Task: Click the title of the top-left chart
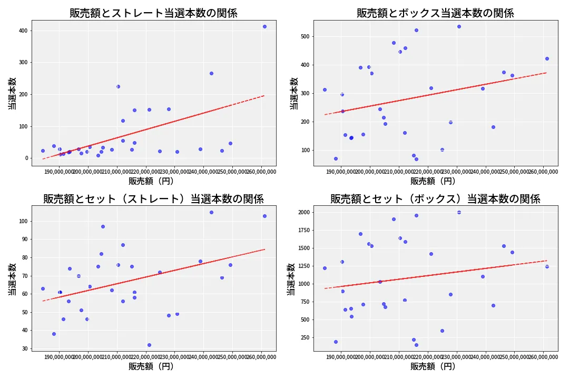[153, 13]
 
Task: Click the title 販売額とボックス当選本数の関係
[435, 13]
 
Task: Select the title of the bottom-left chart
[153, 199]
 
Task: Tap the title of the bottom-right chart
[435, 199]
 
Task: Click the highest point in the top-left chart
[264, 26]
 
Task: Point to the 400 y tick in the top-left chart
[23, 31]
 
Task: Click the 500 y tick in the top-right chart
[305, 36]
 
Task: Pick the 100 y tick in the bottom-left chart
[23, 221]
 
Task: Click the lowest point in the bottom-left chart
[149, 345]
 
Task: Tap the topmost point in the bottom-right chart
[459, 212]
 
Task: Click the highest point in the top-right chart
[459, 26]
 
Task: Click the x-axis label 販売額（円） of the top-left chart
[153, 181]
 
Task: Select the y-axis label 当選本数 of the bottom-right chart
[291, 279]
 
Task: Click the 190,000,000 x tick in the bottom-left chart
[59, 357]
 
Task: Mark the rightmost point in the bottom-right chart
[547, 266]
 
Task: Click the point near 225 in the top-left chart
[118, 86]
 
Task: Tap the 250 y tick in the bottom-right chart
[305, 337]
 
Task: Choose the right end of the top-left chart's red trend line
[264, 95]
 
